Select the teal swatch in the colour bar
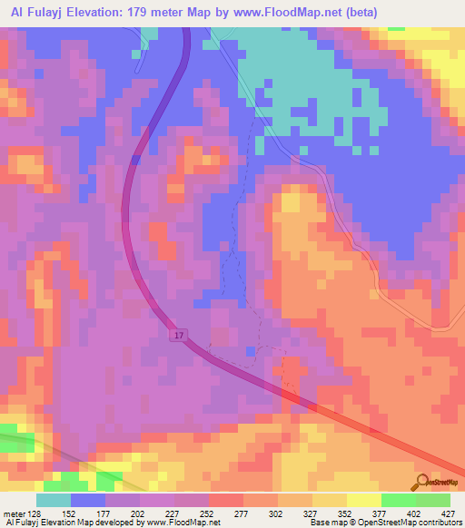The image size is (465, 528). [54, 500]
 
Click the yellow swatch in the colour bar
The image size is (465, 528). [364, 500]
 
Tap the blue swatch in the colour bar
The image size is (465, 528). [88, 500]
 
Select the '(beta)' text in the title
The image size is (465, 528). [357, 12]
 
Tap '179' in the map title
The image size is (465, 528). [149, 12]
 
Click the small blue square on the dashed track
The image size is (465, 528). [250, 350]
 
